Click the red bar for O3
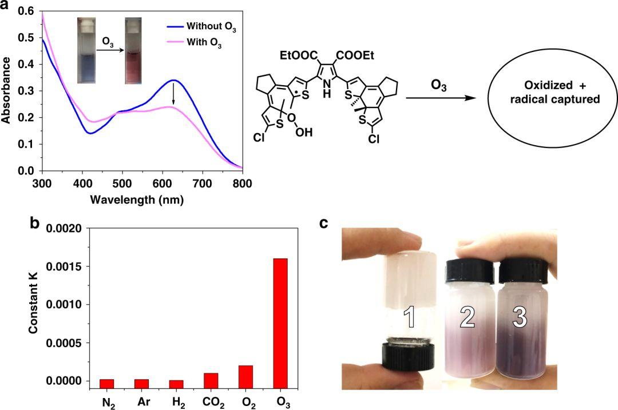click(280, 323)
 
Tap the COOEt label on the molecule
click(359, 55)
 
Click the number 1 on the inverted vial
click(410, 319)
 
